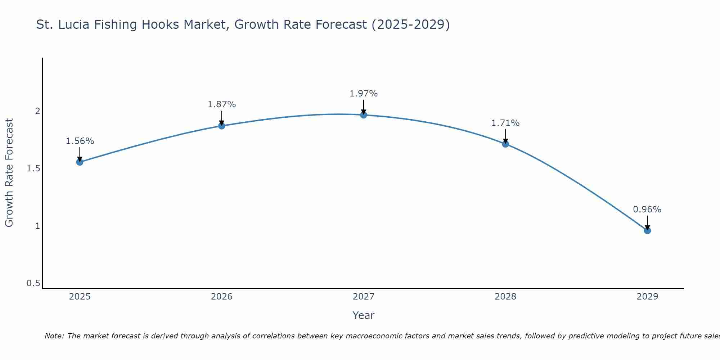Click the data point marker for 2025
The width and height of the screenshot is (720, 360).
[80, 162]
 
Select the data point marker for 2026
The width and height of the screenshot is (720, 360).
[222, 126]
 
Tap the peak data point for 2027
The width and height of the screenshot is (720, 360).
[364, 115]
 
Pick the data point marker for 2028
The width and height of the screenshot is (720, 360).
[505, 144]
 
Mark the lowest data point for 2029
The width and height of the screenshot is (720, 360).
[647, 230]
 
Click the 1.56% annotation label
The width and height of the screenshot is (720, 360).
[80, 141]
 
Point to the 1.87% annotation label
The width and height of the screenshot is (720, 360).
[222, 104]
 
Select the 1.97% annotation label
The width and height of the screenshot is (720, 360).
[364, 94]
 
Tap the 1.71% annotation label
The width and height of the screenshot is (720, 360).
[505, 123]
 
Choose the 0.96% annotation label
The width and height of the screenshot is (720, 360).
[647, 210]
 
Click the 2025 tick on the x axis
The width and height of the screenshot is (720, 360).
[80, 297]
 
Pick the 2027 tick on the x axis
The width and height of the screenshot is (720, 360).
[364, 297]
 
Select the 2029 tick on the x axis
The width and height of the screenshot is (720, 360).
[647, 297]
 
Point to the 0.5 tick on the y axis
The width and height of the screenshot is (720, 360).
[33, 283]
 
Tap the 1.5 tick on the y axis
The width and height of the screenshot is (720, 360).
[33, 168]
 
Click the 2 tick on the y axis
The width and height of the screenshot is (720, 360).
[37, 111]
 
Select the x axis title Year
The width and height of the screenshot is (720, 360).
[364, 315]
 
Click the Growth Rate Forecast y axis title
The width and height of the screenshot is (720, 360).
[9, 173]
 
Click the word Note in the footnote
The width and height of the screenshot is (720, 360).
[54, 336]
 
